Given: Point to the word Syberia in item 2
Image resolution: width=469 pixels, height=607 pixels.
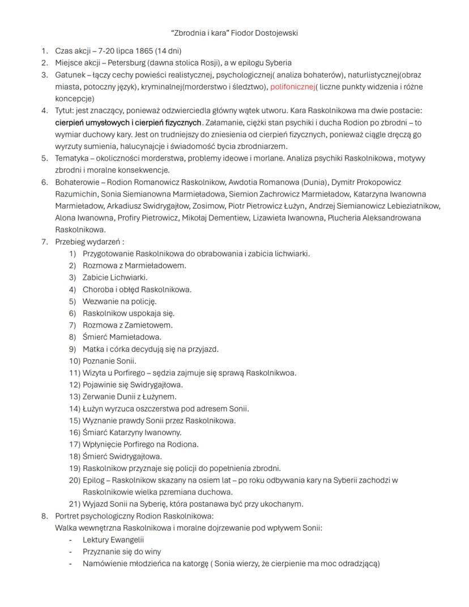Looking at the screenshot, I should coord(278,63).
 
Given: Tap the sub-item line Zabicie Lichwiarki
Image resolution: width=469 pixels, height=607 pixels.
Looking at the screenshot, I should coord(115,277).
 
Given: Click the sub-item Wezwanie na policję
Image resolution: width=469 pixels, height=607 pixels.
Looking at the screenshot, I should coord(120,301).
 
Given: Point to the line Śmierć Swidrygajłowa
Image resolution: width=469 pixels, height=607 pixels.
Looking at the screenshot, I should coord(122,456).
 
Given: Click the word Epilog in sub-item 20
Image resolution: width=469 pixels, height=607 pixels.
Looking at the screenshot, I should coord(95,480).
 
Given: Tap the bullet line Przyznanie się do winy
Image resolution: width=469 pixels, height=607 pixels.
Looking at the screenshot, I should coord(122,551).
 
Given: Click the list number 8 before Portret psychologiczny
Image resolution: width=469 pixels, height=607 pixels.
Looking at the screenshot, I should coord(44,516).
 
